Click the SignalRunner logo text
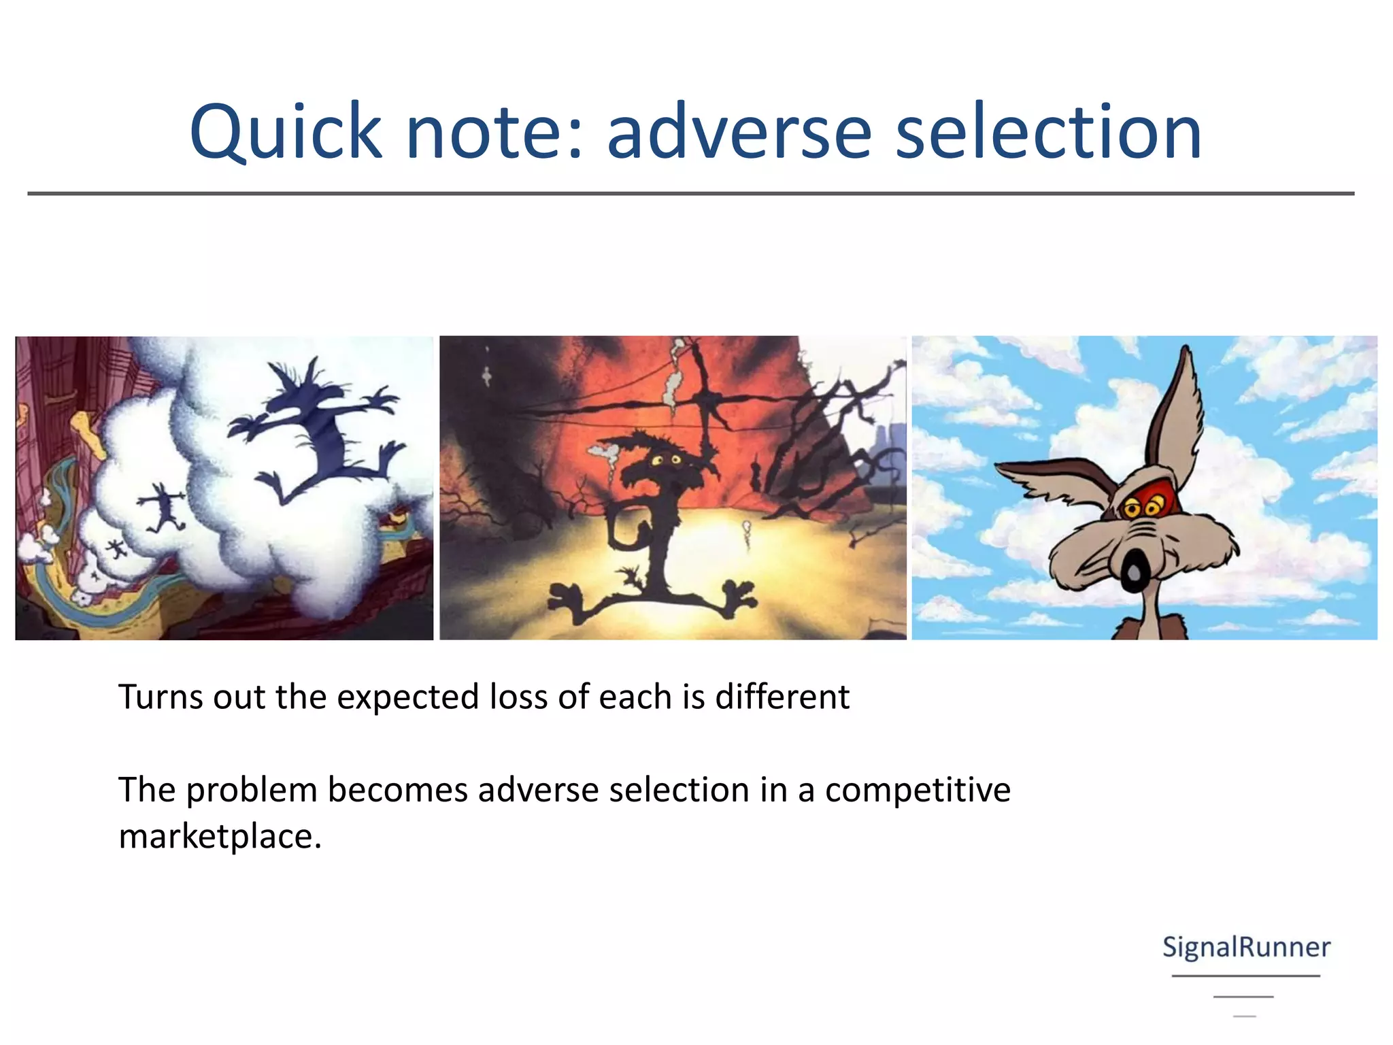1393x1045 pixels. coord(1245,947)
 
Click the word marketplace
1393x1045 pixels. coord(219,836)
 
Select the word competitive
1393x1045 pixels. coord(918,790)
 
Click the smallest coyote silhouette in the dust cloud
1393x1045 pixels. coord(116,548)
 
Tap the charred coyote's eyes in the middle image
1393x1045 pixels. coord(666,461)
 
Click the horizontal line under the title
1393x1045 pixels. coord(690,194)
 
